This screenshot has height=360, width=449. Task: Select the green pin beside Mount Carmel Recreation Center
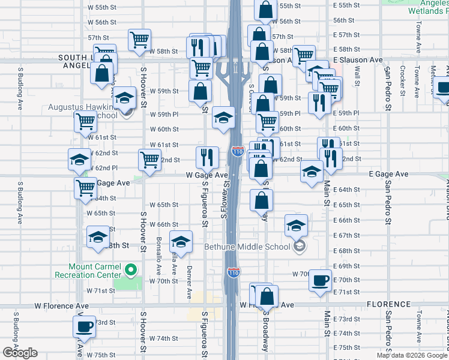click(133, 271)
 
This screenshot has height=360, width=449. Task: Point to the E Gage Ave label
click(388, 174)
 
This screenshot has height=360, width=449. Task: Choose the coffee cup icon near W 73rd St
click(84, 327)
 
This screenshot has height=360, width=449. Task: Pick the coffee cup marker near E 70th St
click(321, 279)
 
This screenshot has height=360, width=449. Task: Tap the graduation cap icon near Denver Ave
click(181, 242)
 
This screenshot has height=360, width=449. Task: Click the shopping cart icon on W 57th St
click(139, 40)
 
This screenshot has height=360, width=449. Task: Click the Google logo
click(20, 353)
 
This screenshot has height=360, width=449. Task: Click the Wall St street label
click(357, 76)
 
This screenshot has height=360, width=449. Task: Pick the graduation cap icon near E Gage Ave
click(312, 173)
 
